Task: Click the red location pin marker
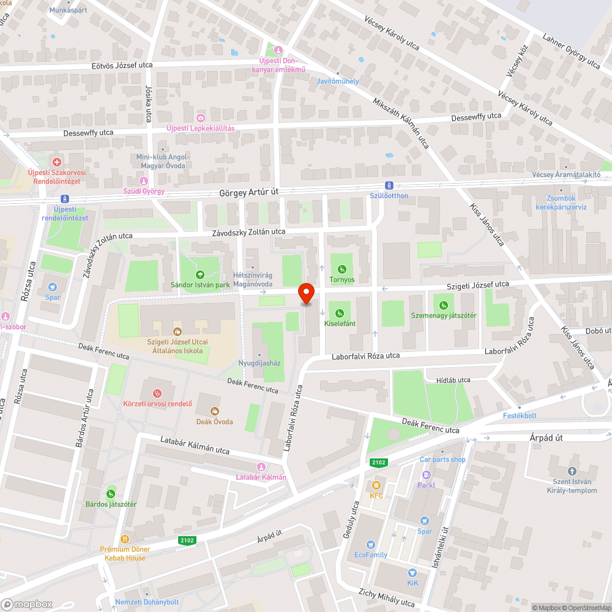click(x=305, y=294)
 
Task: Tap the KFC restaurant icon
click(x=376, y=485)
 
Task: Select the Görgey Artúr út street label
click(x=248, y=192)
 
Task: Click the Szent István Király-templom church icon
click(x=572, y=471)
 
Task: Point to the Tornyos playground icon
click(x=341, y=269)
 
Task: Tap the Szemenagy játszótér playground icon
click(x=443, y=305)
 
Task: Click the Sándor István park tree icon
click(x=200, y=274)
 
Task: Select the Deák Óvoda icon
click(x=214, y=411)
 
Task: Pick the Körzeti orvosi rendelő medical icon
click(x=157, y=392)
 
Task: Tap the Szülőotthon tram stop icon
click(x=389, y=185)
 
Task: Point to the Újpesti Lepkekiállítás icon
click(x=201, y=118)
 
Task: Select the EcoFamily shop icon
click(x=370, y=545)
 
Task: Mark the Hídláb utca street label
click(x=453, y=380)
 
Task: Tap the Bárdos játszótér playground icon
click(x=111, y=494)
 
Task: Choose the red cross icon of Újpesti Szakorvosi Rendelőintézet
click(x=56, y=162)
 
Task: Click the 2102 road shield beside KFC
click(x=377, y=462)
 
